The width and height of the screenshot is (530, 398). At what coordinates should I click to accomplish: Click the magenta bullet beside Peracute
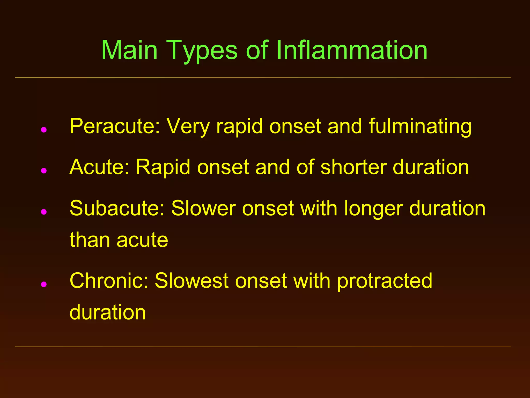[44, 130]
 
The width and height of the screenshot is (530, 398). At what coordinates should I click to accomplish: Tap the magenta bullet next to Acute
[44, 170]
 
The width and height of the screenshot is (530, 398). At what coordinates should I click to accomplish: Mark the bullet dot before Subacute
[44, 212]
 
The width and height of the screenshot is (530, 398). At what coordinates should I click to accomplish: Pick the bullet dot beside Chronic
[44, 284]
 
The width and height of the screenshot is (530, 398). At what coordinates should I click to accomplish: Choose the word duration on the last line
[108, 312]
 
